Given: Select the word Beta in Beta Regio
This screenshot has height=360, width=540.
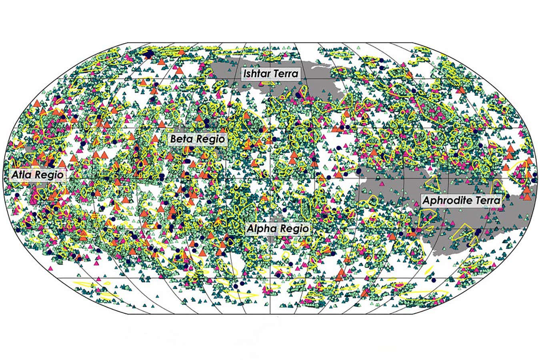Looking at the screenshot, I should coord(182,140).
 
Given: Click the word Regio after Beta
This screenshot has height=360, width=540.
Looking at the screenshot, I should coord(210,140).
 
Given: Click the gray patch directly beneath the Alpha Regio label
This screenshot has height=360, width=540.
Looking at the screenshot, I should coord(276,239).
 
